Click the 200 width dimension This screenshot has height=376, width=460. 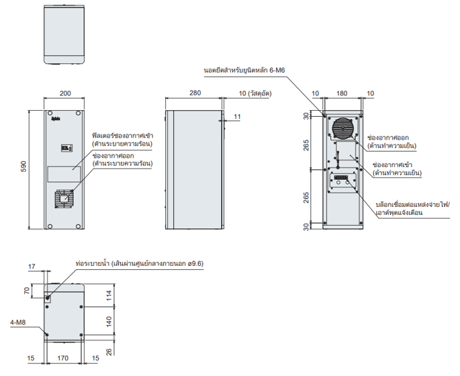click(64, 93)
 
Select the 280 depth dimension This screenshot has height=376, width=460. click(194, 93)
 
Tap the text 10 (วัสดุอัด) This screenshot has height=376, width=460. click(255, 93)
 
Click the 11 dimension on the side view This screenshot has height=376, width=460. click(237, 117)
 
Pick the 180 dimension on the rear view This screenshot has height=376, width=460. click(342, 93)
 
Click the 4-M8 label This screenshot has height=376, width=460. click(17, 322)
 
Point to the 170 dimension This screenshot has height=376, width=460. click(63, 360)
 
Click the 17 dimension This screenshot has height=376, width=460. click(32, 267)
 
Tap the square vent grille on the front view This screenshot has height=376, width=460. click(64, 199)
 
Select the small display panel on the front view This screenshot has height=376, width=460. click(65, 148)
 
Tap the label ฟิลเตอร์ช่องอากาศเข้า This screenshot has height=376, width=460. click(122, 136)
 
